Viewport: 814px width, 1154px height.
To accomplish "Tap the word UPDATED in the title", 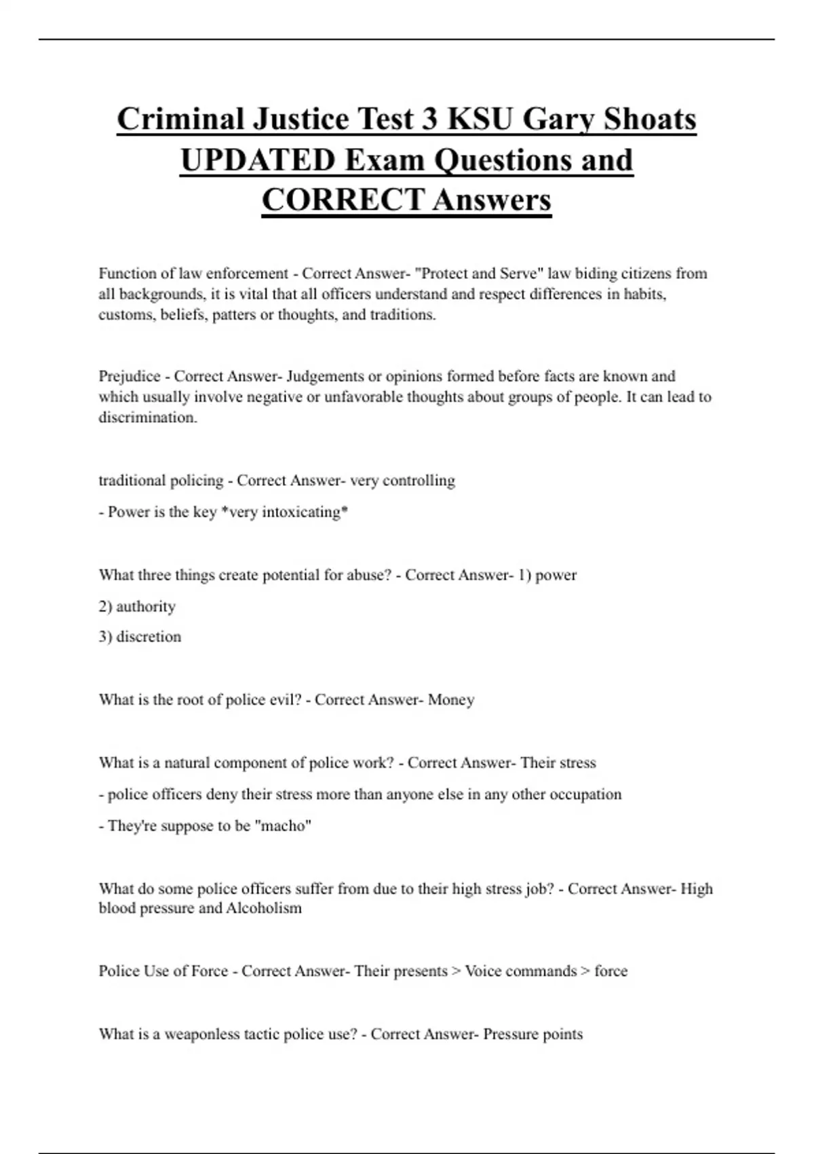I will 258,160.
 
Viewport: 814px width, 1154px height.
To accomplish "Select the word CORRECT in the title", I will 343,200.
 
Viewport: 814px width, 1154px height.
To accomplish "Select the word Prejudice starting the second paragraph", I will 129,376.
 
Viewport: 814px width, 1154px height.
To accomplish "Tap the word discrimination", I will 147,417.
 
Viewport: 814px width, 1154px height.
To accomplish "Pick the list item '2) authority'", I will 137,606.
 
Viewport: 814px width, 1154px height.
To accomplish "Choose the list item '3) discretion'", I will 140,637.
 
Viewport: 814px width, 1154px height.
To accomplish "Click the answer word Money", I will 451,700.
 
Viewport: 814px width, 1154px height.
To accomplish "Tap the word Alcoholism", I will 264,908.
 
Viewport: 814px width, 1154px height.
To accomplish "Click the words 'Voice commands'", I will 520,971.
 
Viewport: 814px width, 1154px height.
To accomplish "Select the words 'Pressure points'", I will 532,1035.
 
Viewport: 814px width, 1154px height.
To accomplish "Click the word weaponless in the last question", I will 206,1035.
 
